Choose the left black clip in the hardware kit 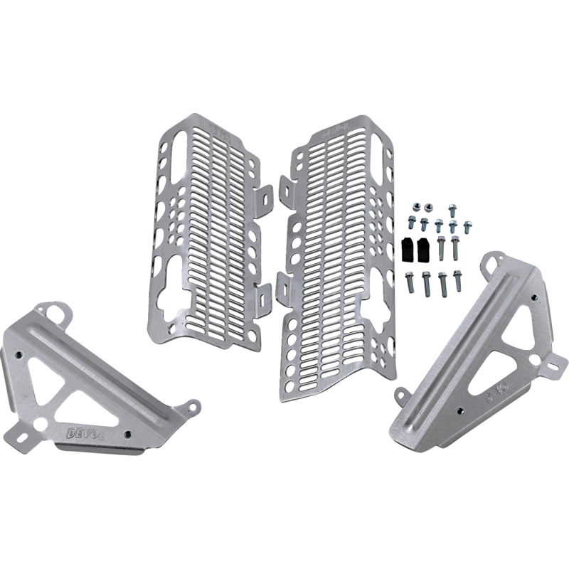[406, 249]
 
